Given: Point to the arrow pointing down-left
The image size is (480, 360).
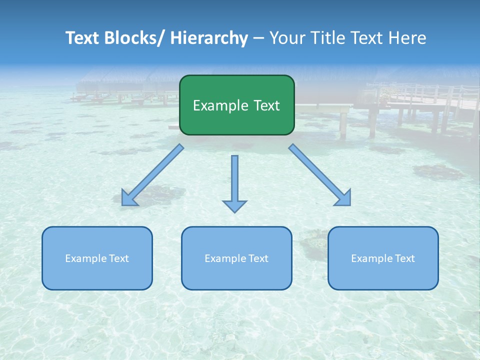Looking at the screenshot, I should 152,175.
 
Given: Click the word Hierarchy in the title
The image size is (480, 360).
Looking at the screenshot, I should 209,38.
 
